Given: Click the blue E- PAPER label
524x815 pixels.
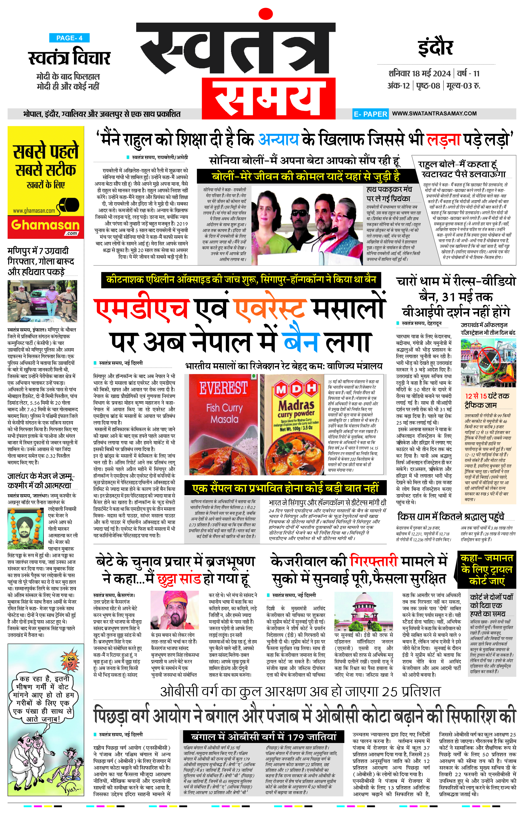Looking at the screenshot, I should [370, 114].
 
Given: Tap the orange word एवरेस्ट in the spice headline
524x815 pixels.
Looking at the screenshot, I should [269, 309].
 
